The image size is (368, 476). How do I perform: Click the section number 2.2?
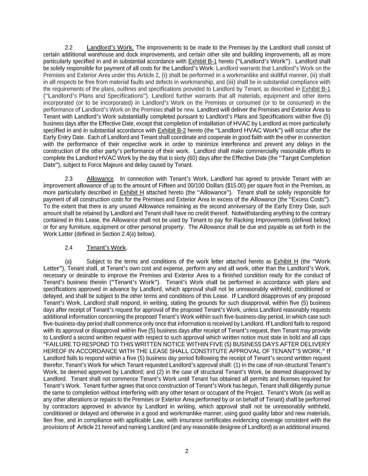69,47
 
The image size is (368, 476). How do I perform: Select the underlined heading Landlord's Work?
110,47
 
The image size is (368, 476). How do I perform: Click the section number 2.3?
69,179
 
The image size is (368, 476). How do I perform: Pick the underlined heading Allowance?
100,179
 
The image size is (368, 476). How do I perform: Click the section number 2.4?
69,248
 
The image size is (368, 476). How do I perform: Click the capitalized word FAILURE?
59,344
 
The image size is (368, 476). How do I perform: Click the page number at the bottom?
187,451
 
